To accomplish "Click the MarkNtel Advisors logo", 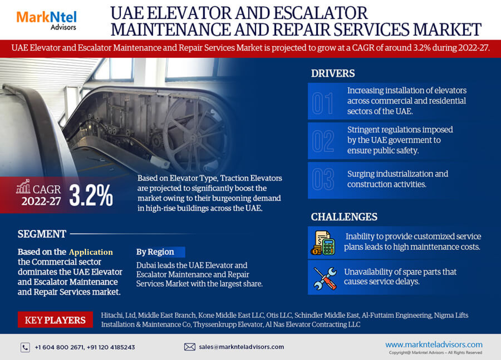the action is [x=47, y=20].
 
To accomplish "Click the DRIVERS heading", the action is [x=333, y=73].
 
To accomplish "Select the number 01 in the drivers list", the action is [x=322, y=103].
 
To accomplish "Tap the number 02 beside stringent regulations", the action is [x=323, y=141].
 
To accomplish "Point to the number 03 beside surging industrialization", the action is [x=323, y=179].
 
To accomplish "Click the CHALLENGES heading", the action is [x=344, y=217].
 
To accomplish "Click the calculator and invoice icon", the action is [x=323, y=243].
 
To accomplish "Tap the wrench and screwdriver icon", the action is [x=325, y=279].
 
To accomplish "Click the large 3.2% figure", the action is [x=91, y=195].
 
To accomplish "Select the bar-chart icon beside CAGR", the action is [x=23, y=186].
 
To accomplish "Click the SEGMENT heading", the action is [x=42, y=234].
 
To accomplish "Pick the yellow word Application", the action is [x=91, y=252].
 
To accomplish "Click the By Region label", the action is [x=155, y=252].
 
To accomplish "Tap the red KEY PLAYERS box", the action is [x=55, y=320].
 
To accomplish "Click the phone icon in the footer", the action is [x=25, y=347].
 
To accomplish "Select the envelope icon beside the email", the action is [x=190, y=347].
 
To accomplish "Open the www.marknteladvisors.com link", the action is [x=434, y=344].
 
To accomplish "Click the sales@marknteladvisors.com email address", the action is [x=241, y=347].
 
